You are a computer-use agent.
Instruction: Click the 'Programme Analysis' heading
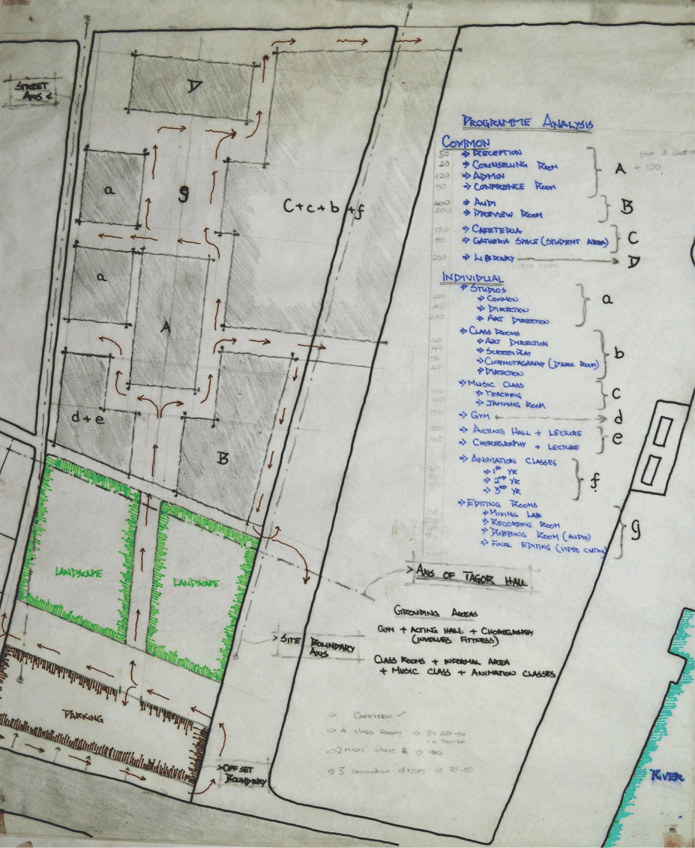(528, 123)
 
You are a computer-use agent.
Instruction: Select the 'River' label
(667, 777)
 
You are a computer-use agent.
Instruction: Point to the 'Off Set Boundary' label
(242, 775)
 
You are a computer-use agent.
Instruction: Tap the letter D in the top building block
(194, 88)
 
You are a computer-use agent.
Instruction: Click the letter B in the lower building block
(222, 458)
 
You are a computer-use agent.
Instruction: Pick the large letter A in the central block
(166, 328)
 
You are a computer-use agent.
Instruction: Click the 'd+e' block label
(88, 418)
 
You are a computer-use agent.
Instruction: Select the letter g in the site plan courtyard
(184, 194)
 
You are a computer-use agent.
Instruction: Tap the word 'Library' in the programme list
(493, 257)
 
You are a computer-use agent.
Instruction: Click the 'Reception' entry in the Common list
(496, 153)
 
